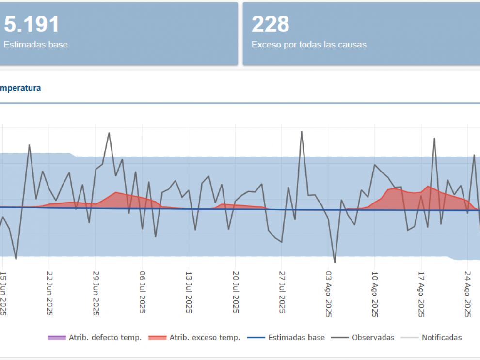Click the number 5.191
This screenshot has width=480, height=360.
click(32, 24)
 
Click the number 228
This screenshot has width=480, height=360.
click(271, 24)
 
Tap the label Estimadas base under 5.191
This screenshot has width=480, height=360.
click(36, 45)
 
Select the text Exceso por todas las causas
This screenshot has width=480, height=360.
click(309, 45)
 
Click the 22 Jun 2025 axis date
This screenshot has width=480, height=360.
click(49, 294)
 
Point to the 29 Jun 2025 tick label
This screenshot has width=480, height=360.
click(96, 294)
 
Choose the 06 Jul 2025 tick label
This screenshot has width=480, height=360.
click(143, 294)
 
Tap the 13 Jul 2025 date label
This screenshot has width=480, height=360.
click(189, 294)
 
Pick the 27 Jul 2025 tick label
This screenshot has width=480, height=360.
click(282, 294)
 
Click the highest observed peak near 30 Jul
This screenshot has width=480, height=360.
click(302, 132)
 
